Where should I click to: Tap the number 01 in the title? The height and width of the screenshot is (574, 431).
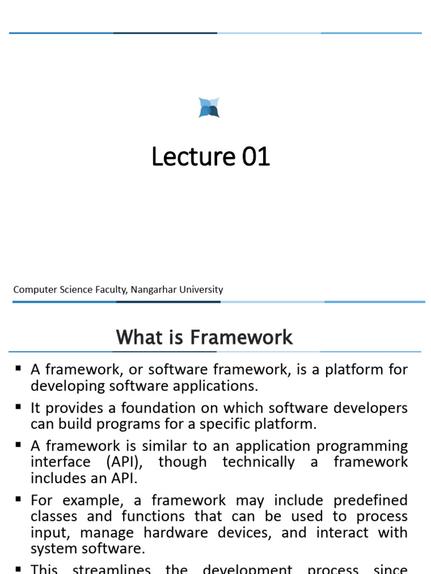point(256,157)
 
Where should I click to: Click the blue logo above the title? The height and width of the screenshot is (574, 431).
point(209,108)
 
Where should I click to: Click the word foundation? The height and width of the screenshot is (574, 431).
point(154,408)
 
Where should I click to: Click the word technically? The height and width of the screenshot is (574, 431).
point(258,462)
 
